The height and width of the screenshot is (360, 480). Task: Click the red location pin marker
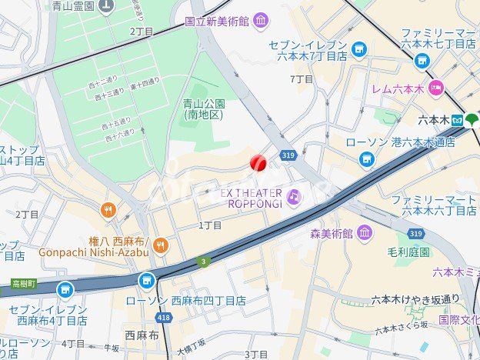click(258, 162)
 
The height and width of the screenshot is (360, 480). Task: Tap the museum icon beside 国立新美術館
click(261, 20)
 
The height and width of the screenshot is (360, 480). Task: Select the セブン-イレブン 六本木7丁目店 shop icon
click(358, 50)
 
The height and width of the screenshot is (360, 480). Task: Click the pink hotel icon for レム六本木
click(436, 87)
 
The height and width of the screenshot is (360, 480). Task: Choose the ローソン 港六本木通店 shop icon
click(367, 158)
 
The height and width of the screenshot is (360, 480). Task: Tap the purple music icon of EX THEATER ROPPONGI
click(295, 198)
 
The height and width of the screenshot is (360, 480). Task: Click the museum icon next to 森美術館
click(364, 232)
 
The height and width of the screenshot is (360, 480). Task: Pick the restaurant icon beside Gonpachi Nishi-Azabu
click(161, 246)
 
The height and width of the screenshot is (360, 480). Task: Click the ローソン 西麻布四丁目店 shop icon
click(146, 282)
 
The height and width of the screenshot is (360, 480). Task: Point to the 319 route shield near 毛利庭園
click(416, 233)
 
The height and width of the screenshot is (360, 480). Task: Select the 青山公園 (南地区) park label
click(204, 108)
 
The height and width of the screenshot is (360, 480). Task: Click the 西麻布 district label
click(142, 335)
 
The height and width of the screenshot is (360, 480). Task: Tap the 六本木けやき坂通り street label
click(415, 299)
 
